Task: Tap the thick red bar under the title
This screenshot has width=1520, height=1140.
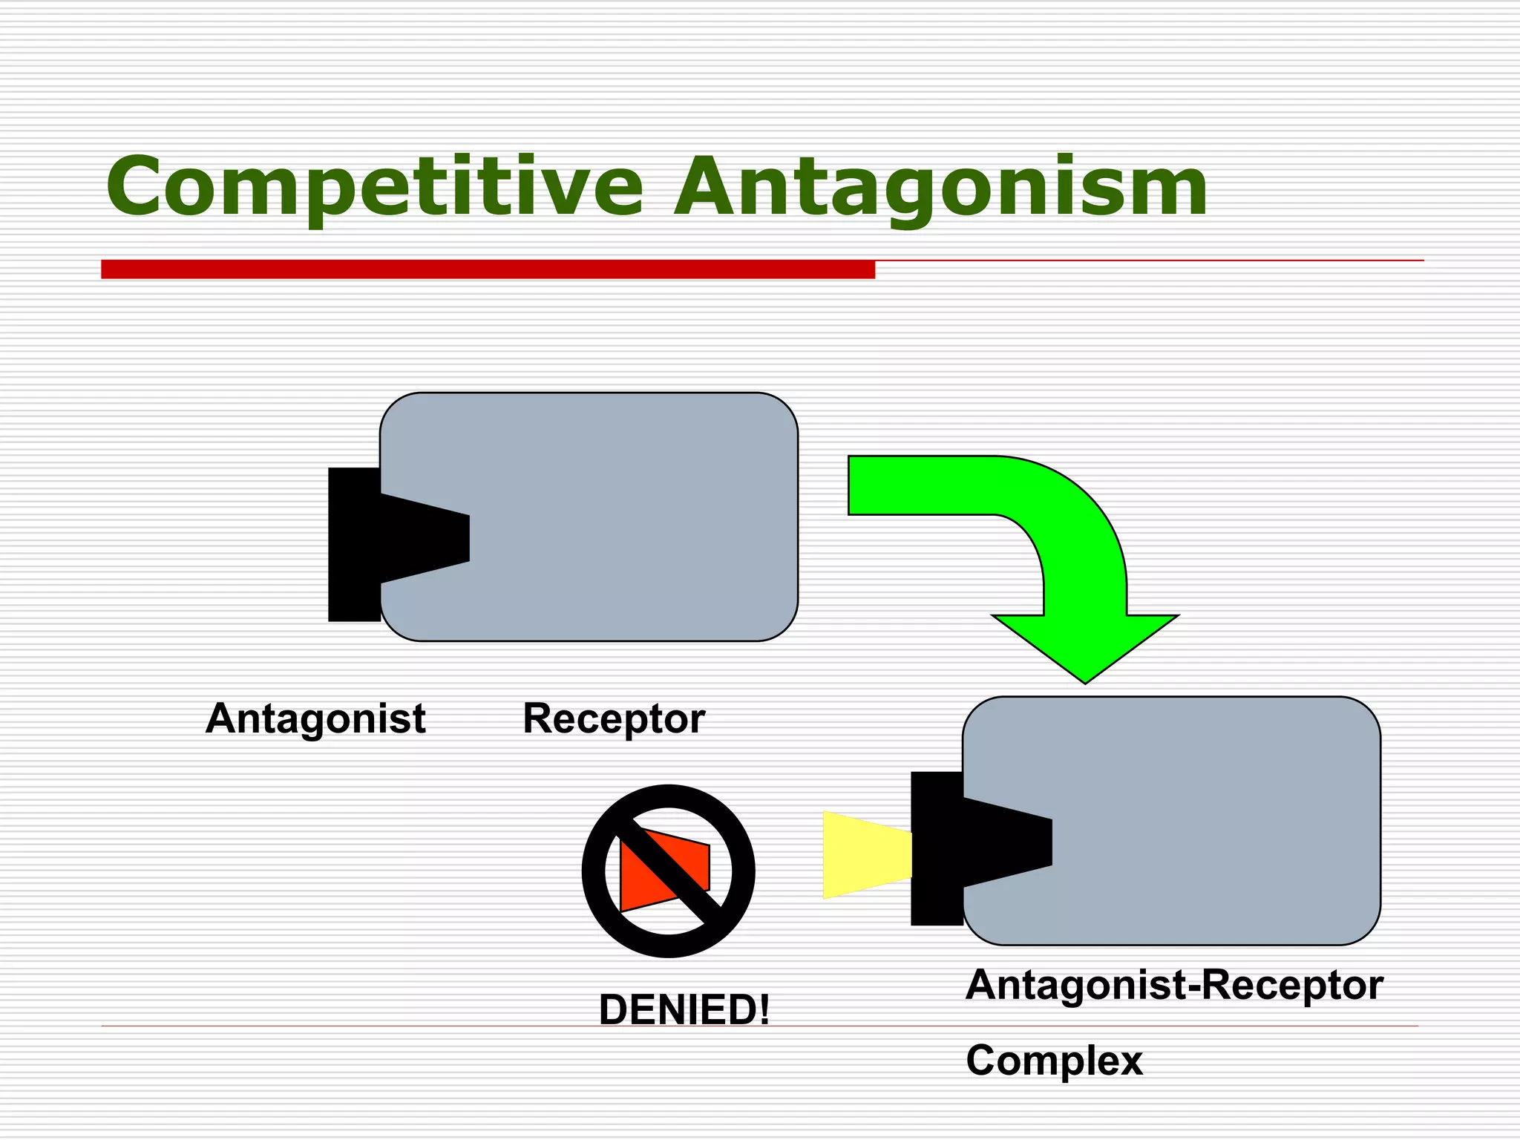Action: coord(488,269)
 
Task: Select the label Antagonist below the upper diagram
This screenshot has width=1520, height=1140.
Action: coord(315,718)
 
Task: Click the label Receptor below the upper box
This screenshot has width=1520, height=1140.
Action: coord(614,718)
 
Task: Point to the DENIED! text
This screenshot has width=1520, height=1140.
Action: coord(684,1009)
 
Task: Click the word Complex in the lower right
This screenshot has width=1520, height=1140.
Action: coord(1054,1061)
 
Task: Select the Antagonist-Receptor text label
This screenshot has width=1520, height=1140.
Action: coord(1174,985)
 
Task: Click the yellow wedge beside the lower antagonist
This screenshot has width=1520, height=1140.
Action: coord(865,855)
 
